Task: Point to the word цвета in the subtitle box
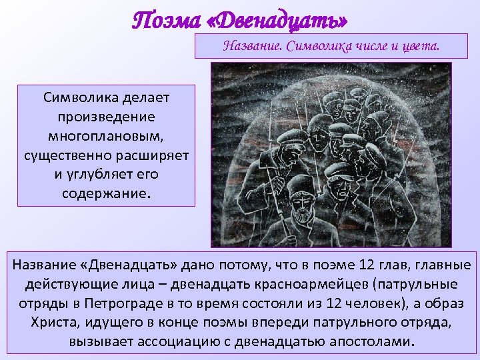click(x=419, y=46)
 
